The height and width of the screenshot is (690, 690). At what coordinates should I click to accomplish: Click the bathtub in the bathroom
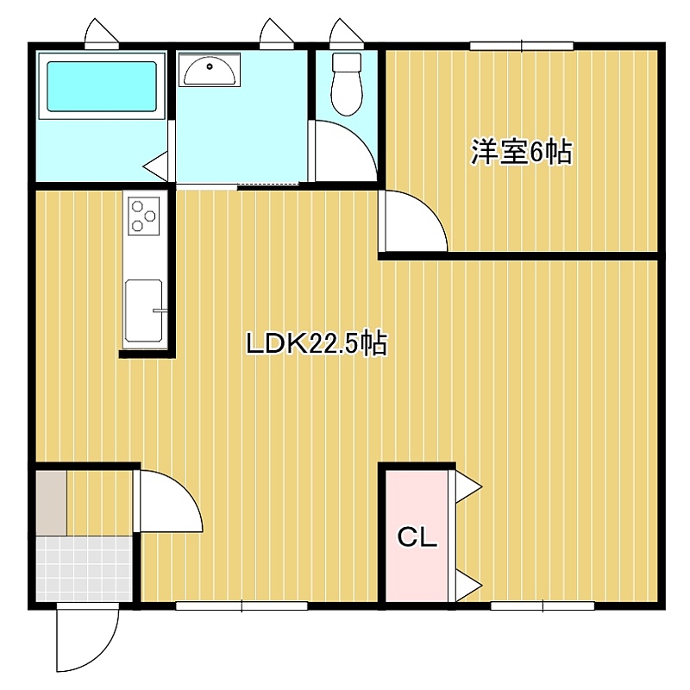[101, 86]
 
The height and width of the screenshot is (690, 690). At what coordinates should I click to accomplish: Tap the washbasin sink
[210, 69]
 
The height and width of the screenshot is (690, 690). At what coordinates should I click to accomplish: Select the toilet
[347, 84]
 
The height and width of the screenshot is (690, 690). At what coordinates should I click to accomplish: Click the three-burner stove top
[143, 216]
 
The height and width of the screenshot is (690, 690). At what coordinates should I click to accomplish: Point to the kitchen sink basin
[144, 310]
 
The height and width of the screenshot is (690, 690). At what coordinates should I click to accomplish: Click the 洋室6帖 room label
[522, 153]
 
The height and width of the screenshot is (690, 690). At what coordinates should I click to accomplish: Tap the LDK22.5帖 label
[317, 343]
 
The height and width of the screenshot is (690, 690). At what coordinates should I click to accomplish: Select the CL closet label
[417, 536]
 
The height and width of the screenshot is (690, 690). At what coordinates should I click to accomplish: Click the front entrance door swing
[88, 638]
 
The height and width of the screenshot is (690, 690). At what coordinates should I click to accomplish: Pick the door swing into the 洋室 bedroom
[414, 221]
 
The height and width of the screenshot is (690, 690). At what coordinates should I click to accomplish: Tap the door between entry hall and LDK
[168, 502]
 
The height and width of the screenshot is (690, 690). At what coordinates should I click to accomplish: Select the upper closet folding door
[466, 486]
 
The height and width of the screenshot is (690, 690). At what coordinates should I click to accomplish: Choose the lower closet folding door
[466, 586]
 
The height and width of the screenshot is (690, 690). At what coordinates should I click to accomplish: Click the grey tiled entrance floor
[84, 568]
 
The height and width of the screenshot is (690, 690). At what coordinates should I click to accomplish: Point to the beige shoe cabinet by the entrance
[52, 503]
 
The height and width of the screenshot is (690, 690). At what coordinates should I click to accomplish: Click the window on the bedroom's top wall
[522, 46]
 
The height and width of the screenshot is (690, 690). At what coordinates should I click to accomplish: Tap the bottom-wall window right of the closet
[543, 606]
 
